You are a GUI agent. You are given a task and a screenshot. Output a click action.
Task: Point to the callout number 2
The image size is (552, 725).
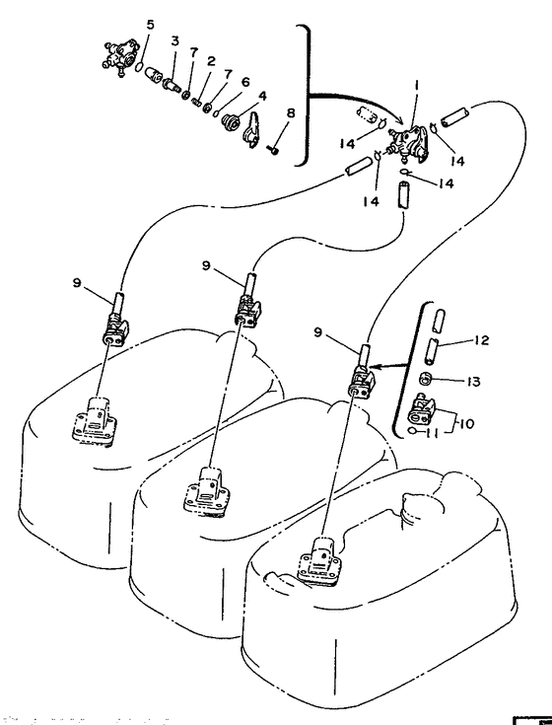click(212, 61)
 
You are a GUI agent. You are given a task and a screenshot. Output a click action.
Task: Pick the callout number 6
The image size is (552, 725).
click(244, 82)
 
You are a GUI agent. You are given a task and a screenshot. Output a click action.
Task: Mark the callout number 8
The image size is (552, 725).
click(290, 113)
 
